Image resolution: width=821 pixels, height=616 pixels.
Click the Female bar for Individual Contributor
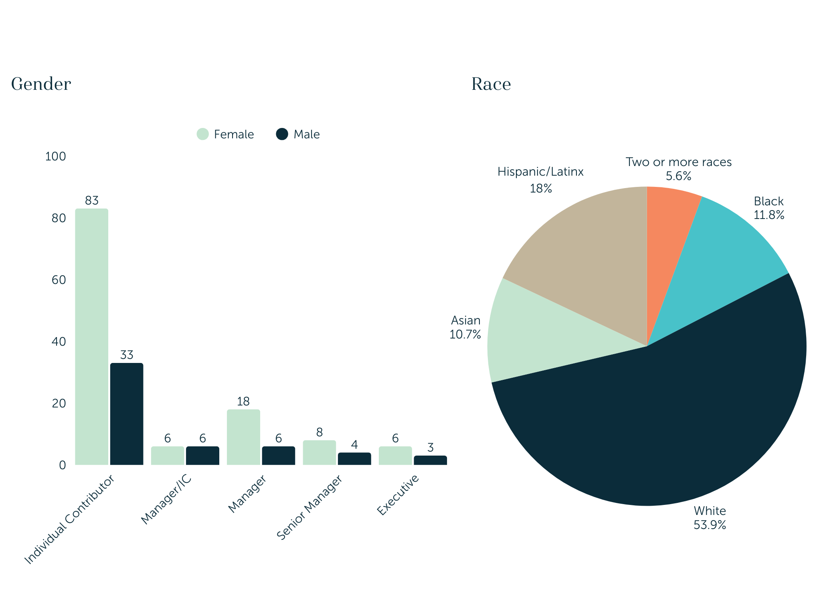(91, 337)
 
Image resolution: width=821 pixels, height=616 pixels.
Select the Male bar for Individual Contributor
(127, 414)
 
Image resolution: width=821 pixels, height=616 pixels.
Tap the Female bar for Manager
(243, 437)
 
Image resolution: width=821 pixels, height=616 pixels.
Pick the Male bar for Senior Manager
(354, 459)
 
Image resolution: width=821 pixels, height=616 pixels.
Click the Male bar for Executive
(430, 460)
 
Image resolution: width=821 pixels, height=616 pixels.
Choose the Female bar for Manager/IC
(168, 456)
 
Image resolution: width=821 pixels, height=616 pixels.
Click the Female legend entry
(225, 134)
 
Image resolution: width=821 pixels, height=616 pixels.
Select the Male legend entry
(298, 134)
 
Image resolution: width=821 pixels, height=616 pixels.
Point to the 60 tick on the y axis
(59, 280)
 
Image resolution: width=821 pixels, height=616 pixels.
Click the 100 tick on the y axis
(55, 156)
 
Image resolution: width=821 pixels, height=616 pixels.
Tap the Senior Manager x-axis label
(310, 507)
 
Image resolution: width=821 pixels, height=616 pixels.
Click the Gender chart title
(41, 84)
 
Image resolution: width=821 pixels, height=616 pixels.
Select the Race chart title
(491, 84)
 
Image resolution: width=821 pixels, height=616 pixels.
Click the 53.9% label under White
(710, 525)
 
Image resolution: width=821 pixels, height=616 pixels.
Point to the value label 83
(92, 201)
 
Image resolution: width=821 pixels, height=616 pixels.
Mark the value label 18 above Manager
(243, 401)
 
